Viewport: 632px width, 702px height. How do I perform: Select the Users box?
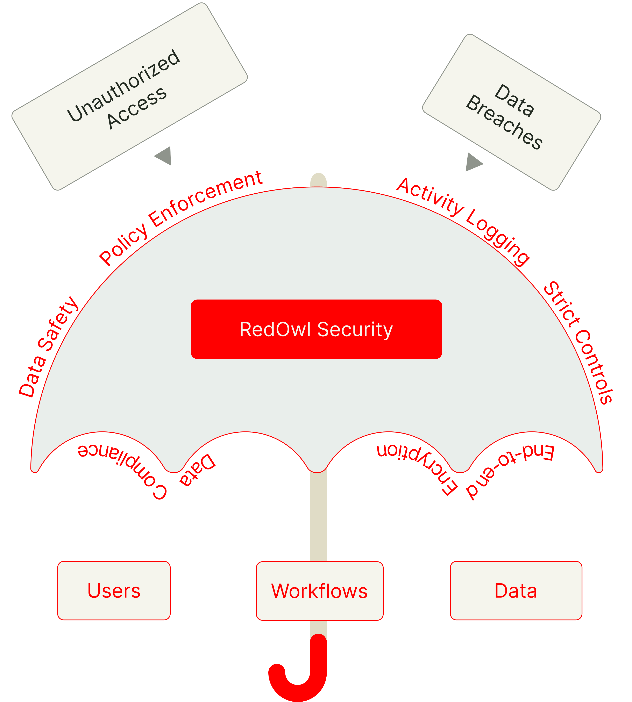[114, 590]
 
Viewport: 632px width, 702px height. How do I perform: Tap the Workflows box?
[319, 591]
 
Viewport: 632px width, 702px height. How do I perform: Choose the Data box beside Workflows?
[516, 590]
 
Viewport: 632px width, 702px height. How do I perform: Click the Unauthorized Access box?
[129, 96]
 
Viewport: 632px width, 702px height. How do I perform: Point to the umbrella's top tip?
[318, 179]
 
